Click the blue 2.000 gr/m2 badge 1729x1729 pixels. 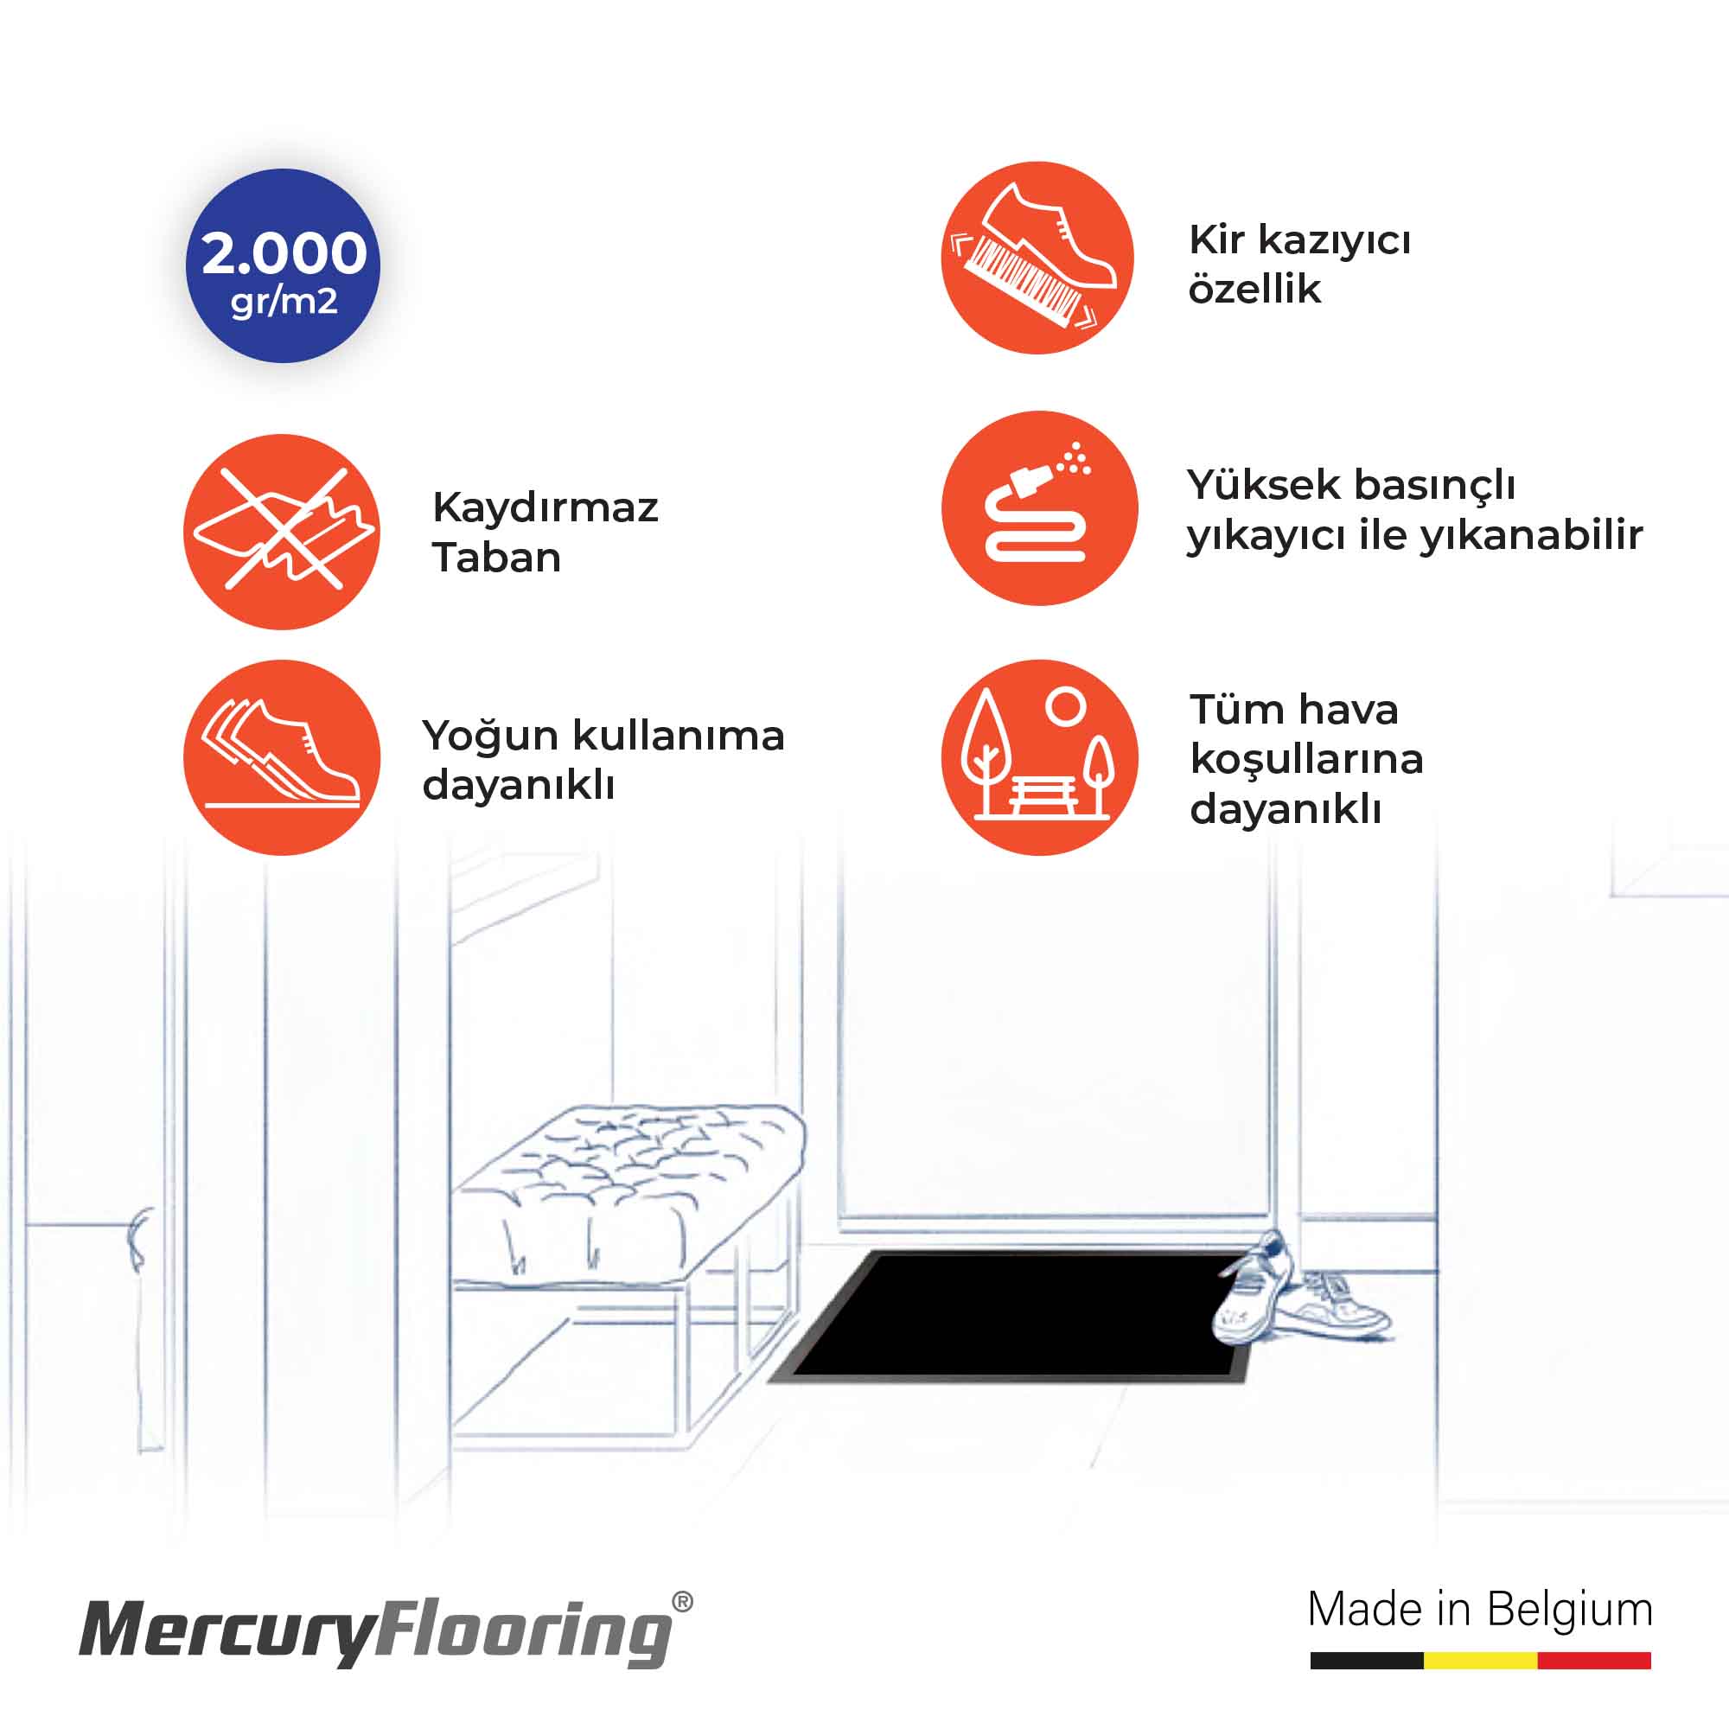pos(283,265)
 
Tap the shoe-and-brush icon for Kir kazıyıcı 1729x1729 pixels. pos(1038,258)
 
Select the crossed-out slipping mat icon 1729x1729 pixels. pos(282,532)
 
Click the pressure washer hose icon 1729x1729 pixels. pos(1039,507)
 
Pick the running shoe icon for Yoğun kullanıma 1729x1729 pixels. pos(282,758)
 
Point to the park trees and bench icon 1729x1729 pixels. pos(1039,758)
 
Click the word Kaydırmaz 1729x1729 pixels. pos(545,507)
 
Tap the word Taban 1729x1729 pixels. pos(497,558)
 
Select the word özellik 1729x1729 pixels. pos(1254,289)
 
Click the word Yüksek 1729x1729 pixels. pos(1264,485)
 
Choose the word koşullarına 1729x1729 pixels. pos(1306,760)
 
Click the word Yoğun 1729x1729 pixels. pos(490,737)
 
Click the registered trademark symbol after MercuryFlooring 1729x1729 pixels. pos(682,1602)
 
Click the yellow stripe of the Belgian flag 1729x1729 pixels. pos(1480,1661)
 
